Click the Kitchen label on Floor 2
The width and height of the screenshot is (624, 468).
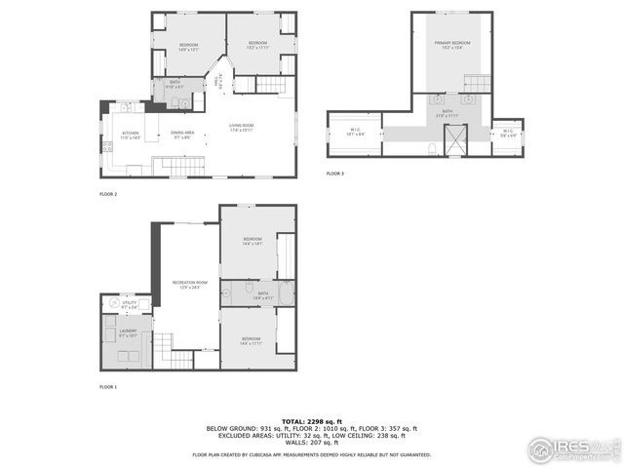coord(131,135)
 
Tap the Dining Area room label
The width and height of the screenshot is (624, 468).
coord(182,135)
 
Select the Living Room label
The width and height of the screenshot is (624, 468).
coord(242,127)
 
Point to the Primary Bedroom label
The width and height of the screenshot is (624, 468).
coord(451,44)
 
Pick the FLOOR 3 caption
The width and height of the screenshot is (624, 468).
coord(335,174)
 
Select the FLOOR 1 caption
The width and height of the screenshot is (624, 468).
coord(108,387)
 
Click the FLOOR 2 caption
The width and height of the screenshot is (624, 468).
coord(108,194)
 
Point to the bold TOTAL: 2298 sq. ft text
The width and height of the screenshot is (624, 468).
coord(311,420)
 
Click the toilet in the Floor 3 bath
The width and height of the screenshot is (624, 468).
coord(432,149)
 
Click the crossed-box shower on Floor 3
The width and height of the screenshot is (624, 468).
coord(455,139)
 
